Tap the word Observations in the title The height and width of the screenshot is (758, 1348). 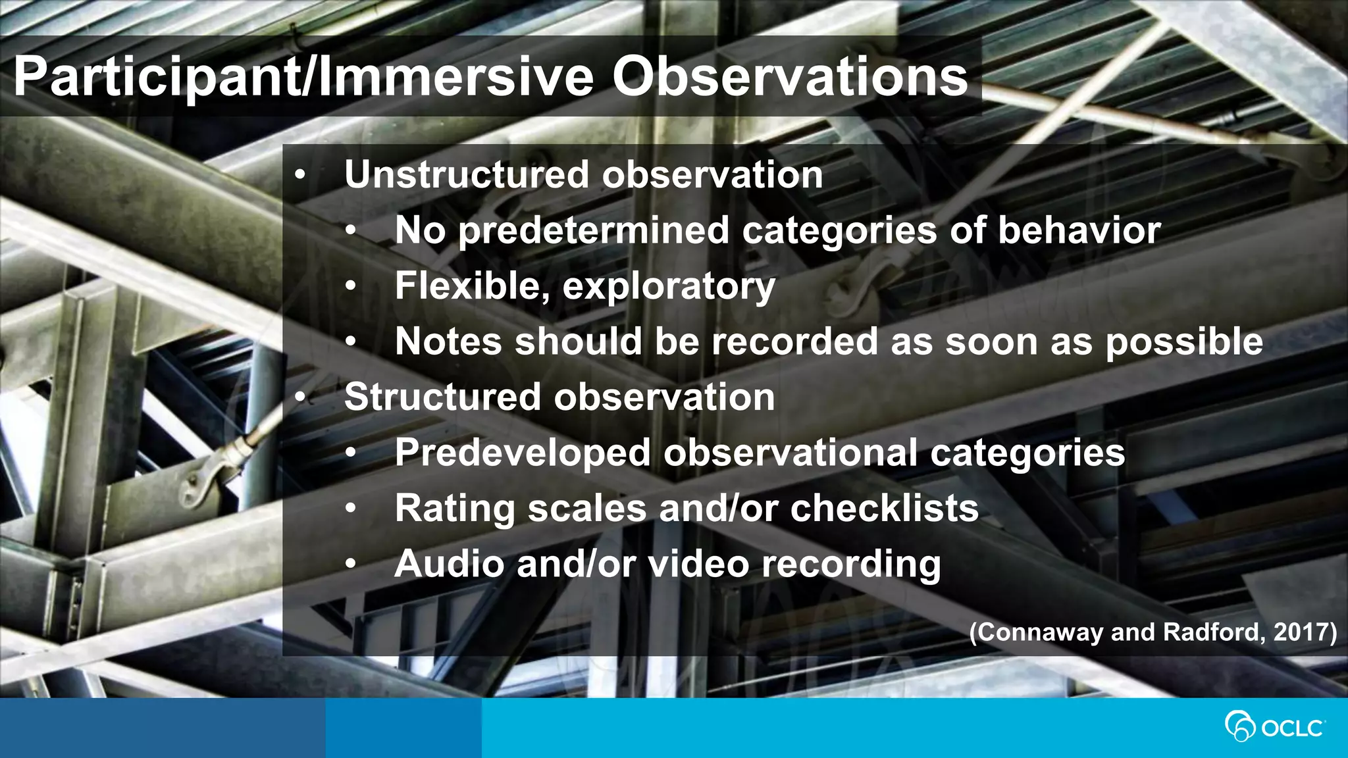click(790, 76)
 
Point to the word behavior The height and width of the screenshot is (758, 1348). click(1079, 230)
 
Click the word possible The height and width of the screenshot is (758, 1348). click(1183, 343)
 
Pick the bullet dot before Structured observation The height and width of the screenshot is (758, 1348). click(300, 397)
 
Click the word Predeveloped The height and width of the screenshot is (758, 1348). click(523, 453)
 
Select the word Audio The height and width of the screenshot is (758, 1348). click(450, 565)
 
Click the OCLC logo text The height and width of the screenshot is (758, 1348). click(1292, 728)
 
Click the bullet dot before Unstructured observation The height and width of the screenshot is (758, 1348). click(300, 176)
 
